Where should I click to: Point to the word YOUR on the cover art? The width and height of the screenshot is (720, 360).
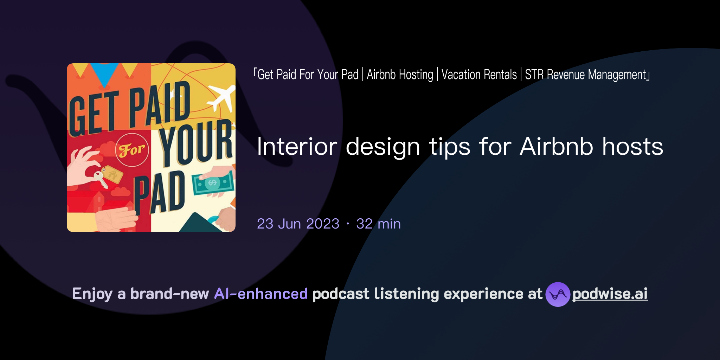coord(196,144)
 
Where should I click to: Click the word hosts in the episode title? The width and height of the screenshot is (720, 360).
coord(632,147)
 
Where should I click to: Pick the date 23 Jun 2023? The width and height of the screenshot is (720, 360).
coord(298,224)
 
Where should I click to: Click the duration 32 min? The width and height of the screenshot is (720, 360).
coord(378,224)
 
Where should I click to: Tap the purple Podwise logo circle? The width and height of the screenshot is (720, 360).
coord(558,294)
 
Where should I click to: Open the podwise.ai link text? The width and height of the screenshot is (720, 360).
coord(610,294)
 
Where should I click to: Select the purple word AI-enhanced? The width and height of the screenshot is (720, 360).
coord(261,294)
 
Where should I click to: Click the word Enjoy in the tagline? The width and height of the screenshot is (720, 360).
coord(92,294)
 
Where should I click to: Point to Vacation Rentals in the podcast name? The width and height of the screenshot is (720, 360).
coord(479,75)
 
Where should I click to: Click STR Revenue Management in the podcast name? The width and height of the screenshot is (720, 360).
coord(586,75)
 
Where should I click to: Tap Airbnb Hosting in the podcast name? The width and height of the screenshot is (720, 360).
coord(400,75)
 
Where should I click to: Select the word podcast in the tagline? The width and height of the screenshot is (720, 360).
coord(341,294)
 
